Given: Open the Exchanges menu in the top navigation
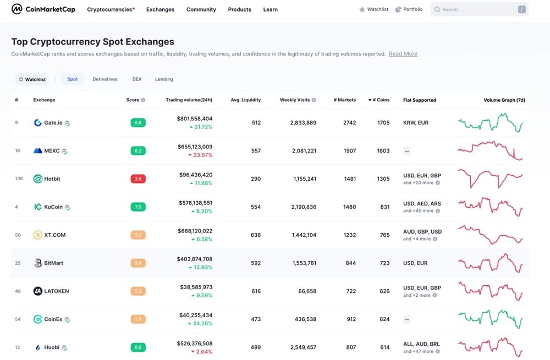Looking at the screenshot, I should coord(160,9).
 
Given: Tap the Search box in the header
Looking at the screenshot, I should coord(473,9).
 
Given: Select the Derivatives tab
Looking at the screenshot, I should coord(105,79).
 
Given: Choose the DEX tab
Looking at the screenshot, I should coord(137,79).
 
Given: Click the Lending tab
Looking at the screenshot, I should coord(164,79).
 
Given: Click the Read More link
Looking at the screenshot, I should coord(403,54).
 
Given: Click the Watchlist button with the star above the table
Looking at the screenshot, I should coord(32,80).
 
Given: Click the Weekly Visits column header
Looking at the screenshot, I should coord(295,100).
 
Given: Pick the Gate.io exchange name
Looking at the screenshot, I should coord(53,123).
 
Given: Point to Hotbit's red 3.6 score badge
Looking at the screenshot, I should coord(138,179).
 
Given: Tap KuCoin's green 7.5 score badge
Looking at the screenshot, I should coord(138,207).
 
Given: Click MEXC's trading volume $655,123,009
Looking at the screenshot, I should coord(195,147).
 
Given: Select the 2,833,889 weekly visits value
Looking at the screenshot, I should coord(303,123).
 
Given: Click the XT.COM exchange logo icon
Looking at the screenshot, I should coord(38,235).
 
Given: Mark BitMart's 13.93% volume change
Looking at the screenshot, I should coord(200,267).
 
